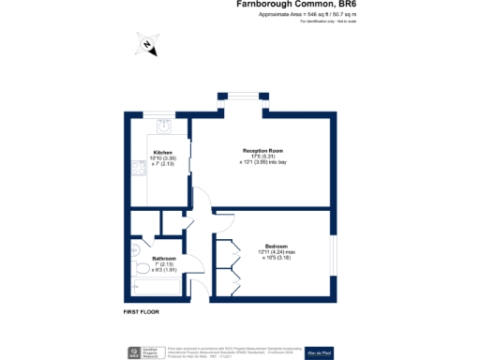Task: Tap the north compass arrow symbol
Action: [x=147, y=46]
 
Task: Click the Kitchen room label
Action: [x=163, y=152]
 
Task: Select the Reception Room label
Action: [x=262, y=150]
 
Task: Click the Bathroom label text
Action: [x=165, y=259]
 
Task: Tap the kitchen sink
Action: [x=163, y=126]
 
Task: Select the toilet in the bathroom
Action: [x=139, y=248]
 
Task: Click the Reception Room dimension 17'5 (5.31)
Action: [x=262, y=157]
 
